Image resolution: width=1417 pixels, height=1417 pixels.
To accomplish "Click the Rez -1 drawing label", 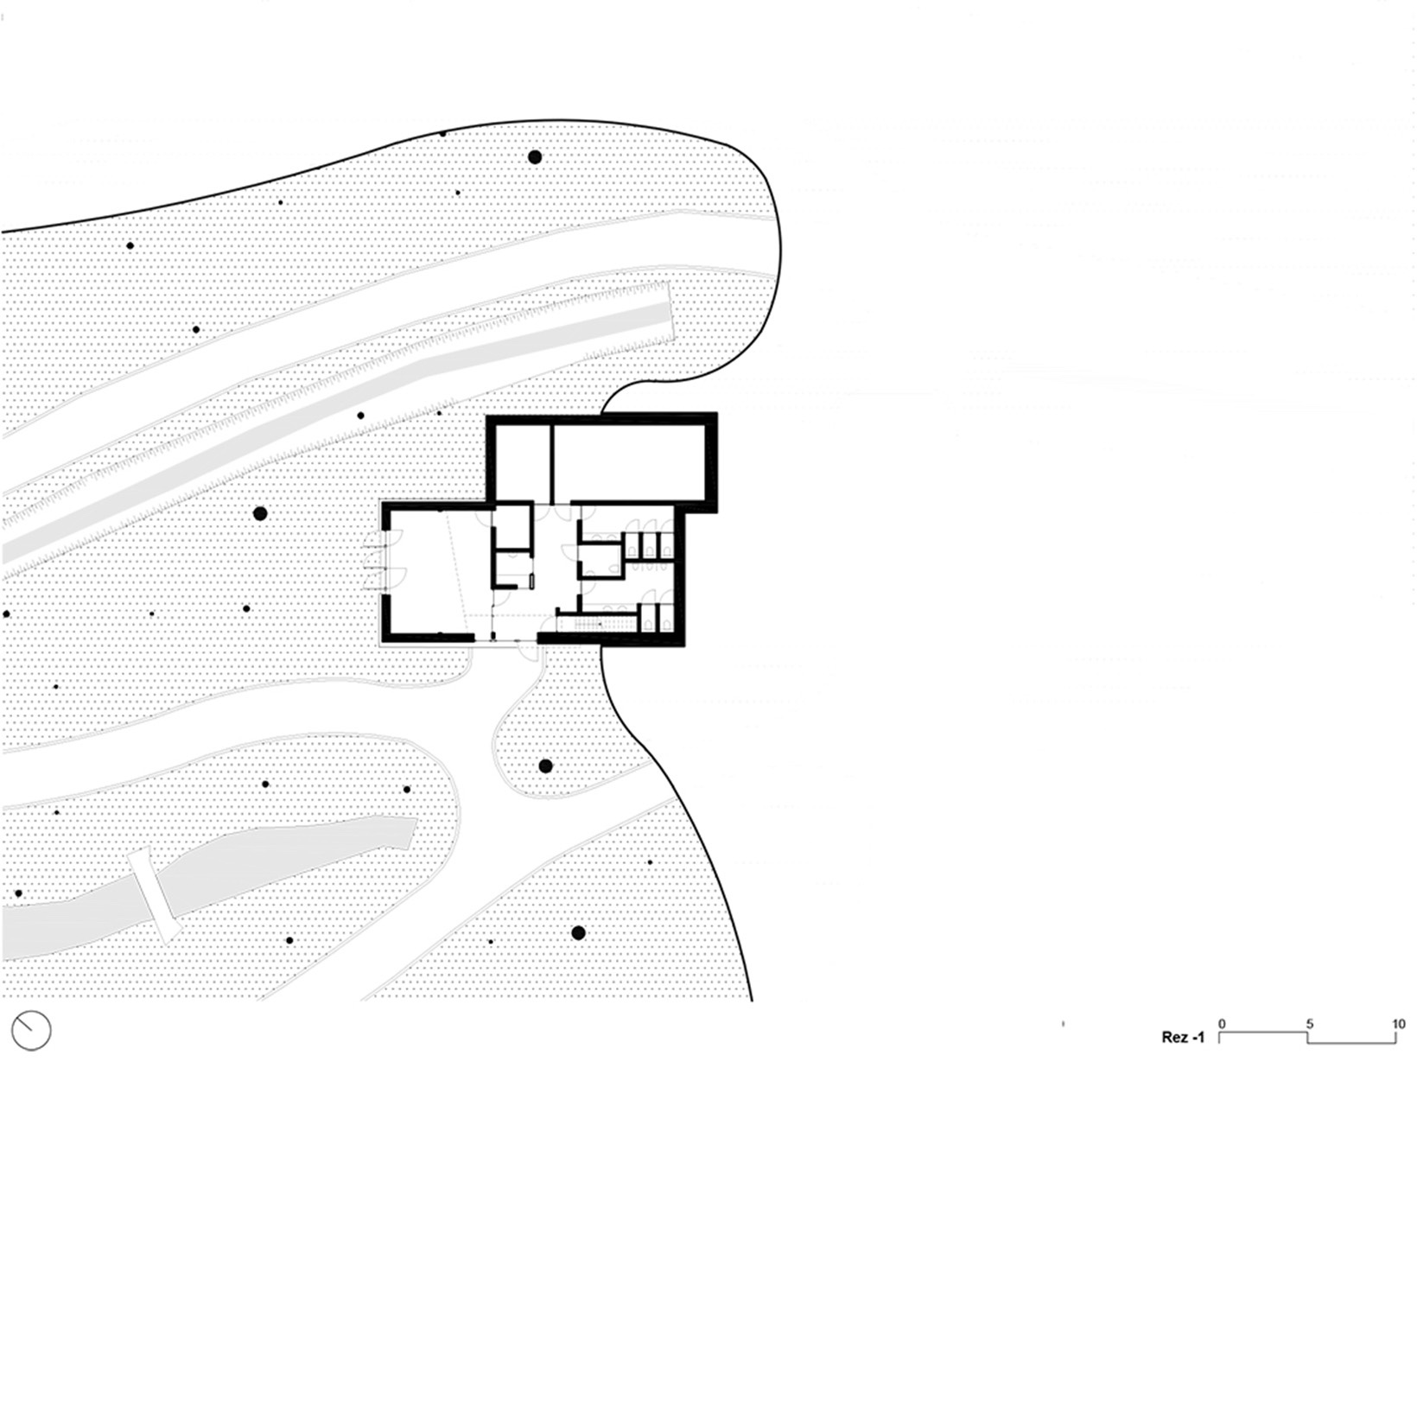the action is [1182, 1038].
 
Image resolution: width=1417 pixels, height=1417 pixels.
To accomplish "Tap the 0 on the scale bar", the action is [1222, 1024].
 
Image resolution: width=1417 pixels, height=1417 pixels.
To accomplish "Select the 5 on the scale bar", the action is [1310, 1024].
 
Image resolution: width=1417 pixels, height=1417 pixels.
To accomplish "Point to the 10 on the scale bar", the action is [1399, 1024].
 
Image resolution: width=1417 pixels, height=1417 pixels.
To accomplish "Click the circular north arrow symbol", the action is [31, 1030].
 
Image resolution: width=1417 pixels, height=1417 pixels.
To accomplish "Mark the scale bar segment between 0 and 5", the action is [1263, 1032].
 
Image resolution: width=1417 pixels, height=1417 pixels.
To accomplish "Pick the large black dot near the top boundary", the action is [535, 157].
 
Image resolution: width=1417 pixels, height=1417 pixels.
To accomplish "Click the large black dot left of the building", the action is [260, 513].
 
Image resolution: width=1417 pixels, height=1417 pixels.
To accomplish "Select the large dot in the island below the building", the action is [545, 766].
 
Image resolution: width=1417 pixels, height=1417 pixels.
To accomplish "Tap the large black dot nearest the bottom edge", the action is [578, 932].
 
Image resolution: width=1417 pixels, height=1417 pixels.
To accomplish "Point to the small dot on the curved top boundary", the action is [443, 133].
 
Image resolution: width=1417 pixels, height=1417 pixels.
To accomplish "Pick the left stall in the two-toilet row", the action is [648, 617].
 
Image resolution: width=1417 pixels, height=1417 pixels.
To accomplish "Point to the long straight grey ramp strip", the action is [337, 432].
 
